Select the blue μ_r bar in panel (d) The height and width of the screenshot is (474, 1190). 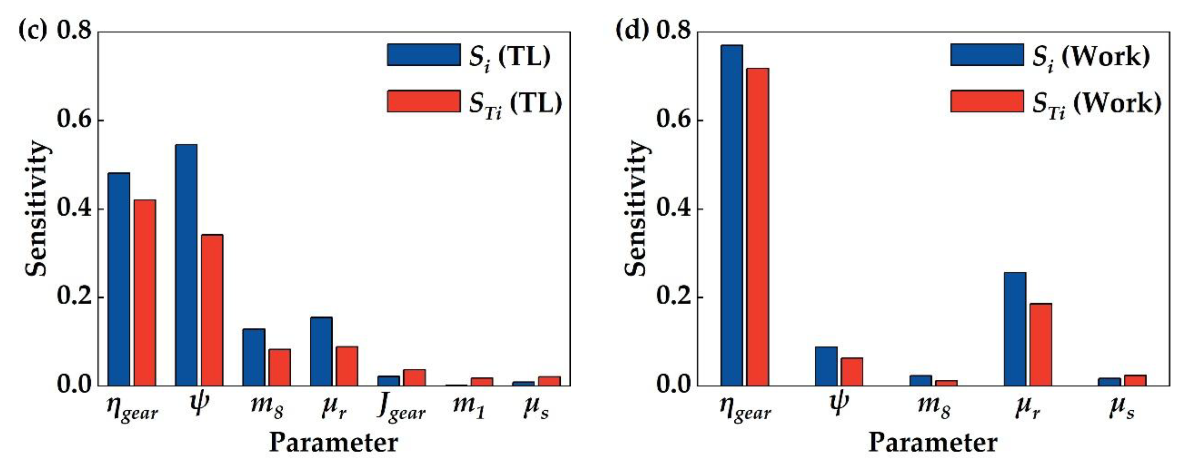pyautogui.click(x=1015, y=329)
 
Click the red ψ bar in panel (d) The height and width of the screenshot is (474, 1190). pyautogui.click(x=851, y=371)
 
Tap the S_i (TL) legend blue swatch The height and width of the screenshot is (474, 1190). pyautogui.click(x=423, y=55)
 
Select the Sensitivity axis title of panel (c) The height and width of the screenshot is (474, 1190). pyautogui.click(x=37, y=209)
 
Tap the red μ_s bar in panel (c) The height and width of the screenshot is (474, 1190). pyautogui.click(x=549, y=381)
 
